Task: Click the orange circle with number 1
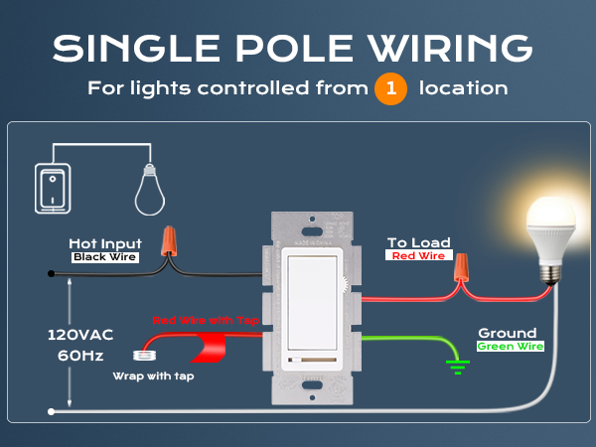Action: (390, 88)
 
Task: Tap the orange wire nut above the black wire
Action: (169, 241)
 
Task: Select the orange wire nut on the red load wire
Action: (461, 267)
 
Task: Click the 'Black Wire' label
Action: (105, 257)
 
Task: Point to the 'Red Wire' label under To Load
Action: (418, 255)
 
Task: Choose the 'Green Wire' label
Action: (511, 347)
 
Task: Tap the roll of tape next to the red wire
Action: (144, 356)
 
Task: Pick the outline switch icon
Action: (53, 189)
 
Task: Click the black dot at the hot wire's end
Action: (51, 274)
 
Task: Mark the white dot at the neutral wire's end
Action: (51, 411)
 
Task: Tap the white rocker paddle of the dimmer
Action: (312, 303)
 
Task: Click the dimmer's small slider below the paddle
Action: (312, 360)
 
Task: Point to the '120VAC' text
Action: (80, 335)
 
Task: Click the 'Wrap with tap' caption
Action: (154, 376)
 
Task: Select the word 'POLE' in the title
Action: (295, 49)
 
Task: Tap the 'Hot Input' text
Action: (105, 243)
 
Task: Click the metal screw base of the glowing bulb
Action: (550, 274)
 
